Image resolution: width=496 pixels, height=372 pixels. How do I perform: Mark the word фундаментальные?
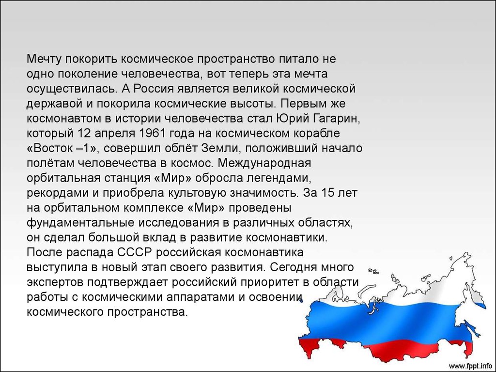click(81, 223)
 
